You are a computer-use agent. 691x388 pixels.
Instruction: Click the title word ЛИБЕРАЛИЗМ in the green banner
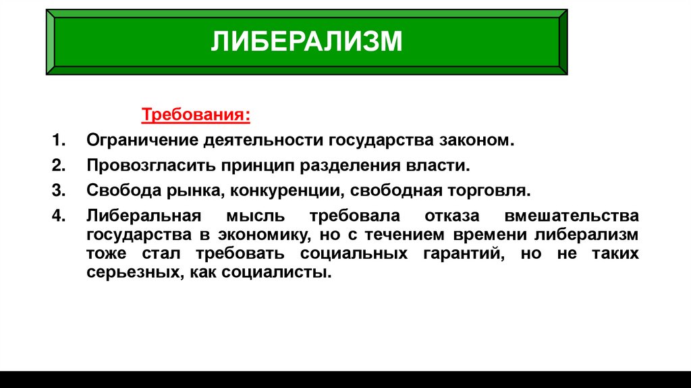(306, 41)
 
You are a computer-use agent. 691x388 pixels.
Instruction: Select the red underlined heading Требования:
(195, 115)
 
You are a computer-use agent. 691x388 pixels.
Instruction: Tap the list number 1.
(58, 141)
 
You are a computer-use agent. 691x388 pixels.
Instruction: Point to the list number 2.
(58, 166)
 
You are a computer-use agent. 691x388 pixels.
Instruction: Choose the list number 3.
(58, 190)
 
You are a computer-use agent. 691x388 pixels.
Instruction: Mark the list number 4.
(58, 216)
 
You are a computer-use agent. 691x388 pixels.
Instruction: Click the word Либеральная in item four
(144, 216)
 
